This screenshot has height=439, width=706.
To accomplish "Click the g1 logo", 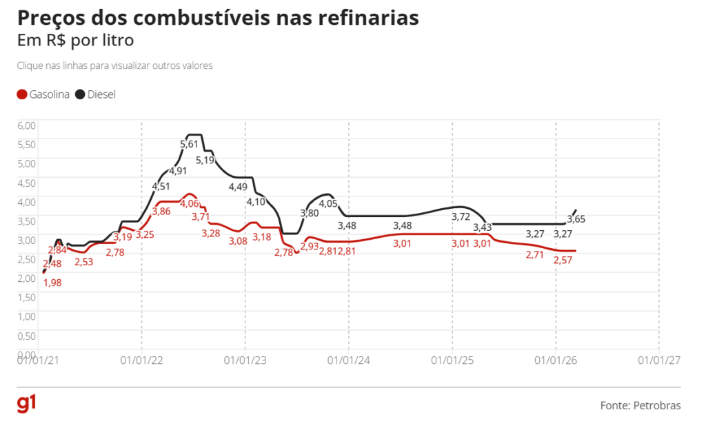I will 26,405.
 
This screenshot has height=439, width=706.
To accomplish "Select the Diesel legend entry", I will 96,94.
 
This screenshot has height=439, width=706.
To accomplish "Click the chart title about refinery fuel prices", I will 218,18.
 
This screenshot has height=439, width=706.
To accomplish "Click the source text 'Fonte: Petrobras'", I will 641,405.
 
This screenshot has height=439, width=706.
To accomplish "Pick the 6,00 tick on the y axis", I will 26,125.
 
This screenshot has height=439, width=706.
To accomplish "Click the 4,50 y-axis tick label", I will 26,183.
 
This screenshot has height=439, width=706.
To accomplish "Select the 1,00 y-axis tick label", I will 26,316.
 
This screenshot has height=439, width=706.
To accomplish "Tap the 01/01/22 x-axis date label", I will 141,359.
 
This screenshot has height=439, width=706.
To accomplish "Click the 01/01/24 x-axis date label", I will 348,359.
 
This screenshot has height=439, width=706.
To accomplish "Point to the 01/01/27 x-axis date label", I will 658,359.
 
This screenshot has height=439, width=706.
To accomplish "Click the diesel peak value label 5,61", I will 189,144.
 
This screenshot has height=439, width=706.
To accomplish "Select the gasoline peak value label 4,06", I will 189,204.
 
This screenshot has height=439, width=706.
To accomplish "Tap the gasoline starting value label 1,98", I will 52,282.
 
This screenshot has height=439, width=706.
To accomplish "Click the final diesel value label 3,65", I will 576,219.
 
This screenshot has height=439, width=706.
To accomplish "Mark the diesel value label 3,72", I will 461,217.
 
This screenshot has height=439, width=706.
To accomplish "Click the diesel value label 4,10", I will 256,202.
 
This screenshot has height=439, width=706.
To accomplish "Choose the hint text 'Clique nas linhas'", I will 114,66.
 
